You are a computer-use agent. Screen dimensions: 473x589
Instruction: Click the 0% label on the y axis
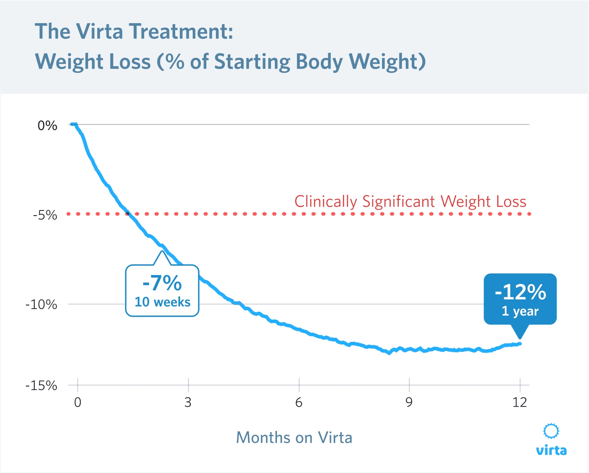click(x=47, y=126)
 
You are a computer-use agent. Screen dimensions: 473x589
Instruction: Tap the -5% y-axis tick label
click(x=45, y=215)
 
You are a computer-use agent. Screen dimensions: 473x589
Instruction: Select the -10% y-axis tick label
click(x=41, y=304)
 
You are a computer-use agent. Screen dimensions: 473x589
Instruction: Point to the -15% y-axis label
click(x=41, y=386)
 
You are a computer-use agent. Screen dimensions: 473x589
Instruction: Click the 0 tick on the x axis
click(x=78, y=402)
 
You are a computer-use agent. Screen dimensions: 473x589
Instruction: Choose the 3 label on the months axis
click(x=188, y=402)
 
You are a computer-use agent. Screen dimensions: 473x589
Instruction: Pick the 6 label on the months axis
click(x=299, y=402)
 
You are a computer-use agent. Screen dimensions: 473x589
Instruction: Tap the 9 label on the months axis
click(x=409, y=402)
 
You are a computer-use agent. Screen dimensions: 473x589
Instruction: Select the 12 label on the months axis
click(x=519, y=402)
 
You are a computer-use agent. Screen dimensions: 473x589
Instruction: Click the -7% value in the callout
click(x=162, y=283)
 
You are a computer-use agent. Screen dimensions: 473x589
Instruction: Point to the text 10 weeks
click(x=162, y=302)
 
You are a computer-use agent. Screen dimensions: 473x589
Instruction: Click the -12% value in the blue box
click(x=520, y=292)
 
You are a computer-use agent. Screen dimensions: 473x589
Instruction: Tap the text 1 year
click(x=520, y=311)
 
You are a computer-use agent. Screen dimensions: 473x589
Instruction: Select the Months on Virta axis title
click(x=294, y=438)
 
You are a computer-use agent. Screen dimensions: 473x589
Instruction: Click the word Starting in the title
click(x=252, y=62)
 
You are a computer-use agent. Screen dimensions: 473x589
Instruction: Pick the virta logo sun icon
click(x=551, y=431)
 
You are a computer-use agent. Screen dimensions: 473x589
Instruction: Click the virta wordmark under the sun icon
click(x=551, y=450)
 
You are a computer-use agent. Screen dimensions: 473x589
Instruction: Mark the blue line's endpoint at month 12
click(x=520, y=344)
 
